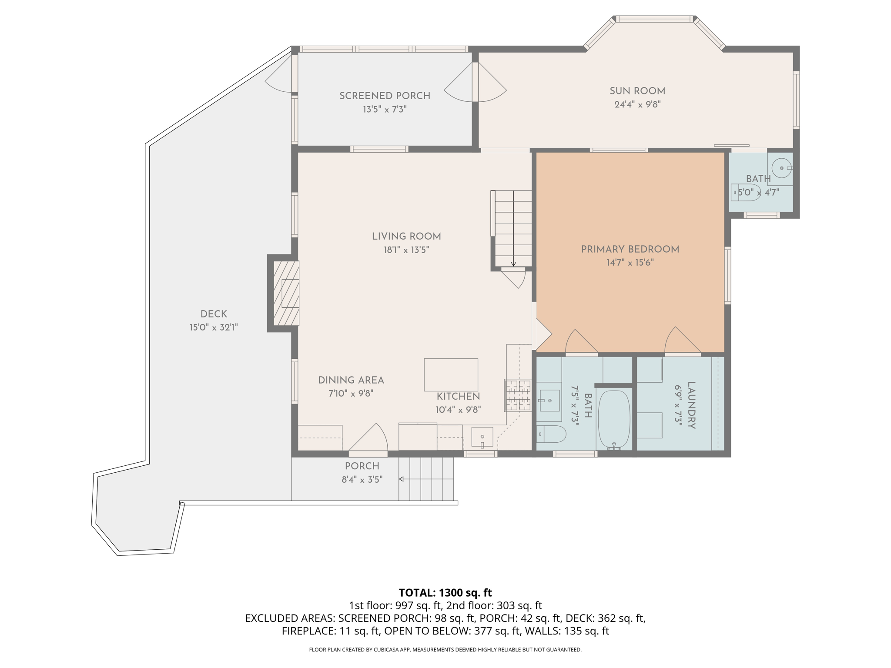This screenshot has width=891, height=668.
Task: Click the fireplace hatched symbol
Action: pyautogui.click(x=286, y=293)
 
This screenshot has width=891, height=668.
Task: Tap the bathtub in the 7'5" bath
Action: pyautogui.click(x=614, y=420)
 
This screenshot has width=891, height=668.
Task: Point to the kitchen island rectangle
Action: pyautogui.click(x=451, y=374)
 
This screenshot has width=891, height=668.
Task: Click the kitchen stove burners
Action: pyautogui.click(x=518, y=395)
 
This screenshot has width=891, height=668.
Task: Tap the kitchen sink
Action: pyautogui.click(x=482, y=437)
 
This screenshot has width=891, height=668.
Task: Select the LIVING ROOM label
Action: pyautogui.click(x=406, y=237)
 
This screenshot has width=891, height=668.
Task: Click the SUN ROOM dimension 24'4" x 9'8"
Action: pyautogui.click(x=637, y=104)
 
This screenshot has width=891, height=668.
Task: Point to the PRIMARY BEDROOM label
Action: pyautogui.click(x=630, y=249)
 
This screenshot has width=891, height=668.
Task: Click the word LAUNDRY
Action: pyautogui.click(x=691, y=405)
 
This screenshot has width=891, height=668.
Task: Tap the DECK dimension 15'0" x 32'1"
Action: pyautogui.click(x=214, y=327)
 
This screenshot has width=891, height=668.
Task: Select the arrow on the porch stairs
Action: pyautogui.click(x=426, y=479)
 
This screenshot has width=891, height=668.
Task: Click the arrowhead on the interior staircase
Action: pyautogui.click(x=513, y=264)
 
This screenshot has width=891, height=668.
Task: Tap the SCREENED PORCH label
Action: pyautogui.click(x=385, y=96)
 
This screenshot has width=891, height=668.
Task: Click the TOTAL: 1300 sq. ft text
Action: pyautogui.click(x=445, y=593)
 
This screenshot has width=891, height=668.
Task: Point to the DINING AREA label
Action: pyautogui.click(x=351, y=381)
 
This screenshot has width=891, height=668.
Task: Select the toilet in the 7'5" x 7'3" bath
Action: pyautogui.click(x=551, y=434)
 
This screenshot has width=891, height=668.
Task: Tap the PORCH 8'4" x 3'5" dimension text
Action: pyautogui.click(x=362, y=480)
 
